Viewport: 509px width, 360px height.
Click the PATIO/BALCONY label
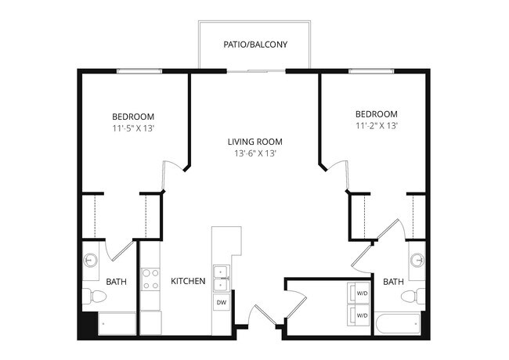(254, 45)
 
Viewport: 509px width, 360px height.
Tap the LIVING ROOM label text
(254, 142)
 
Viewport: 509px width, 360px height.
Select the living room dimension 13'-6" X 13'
(254, 153)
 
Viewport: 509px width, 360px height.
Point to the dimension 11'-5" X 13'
(132, 128)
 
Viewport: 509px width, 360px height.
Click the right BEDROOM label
(376, 113)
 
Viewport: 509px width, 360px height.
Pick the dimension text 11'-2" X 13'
(376, 124)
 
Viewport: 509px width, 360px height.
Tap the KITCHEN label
(188, 281)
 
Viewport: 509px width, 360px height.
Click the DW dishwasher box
(221, 302)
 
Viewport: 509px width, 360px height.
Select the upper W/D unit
(359, 293)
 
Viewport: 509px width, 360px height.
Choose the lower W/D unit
(359, 315)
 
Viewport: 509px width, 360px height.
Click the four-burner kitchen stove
(150, 279)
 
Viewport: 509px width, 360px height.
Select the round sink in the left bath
(92, 259)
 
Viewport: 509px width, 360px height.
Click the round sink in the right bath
(417, 259)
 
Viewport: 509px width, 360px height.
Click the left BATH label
(116, 281)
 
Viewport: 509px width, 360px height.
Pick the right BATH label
(393, 281)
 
